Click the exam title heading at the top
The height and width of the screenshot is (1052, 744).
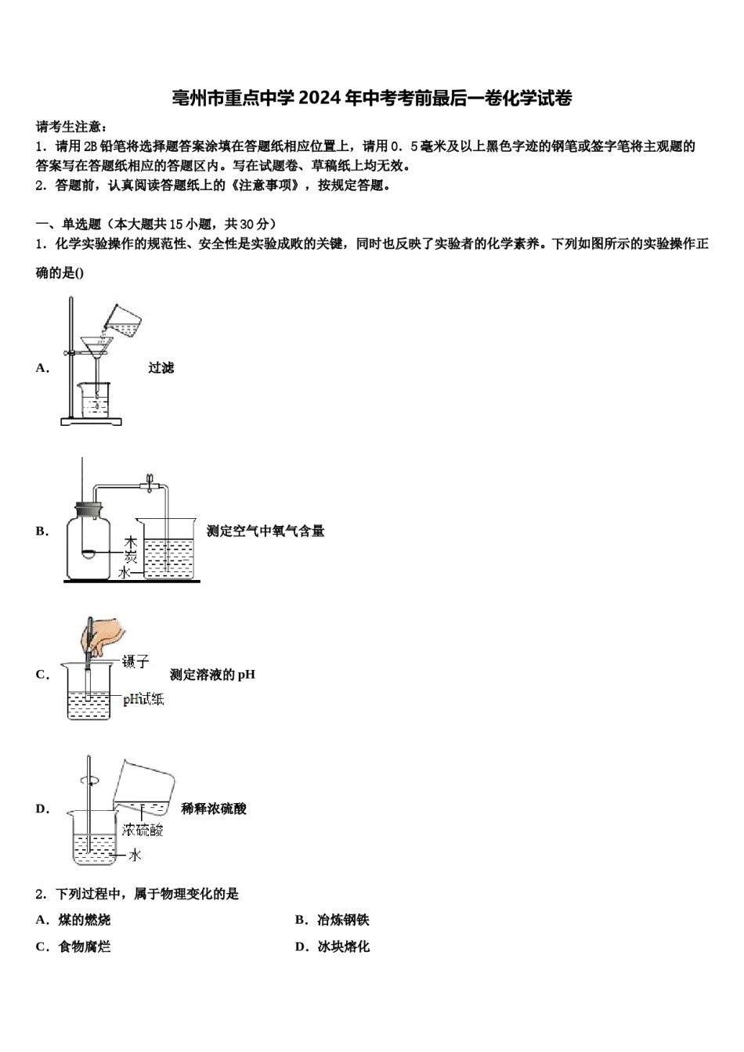pyautogui.click(x=372, y=98)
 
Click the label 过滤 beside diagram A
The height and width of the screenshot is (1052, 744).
pyautogui.click(x=161, y=368)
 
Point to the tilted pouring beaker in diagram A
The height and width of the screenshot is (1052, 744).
pyautogui.click(x=123, y=319)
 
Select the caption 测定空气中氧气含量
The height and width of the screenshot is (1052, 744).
pyautogui.click(x=265, y=531)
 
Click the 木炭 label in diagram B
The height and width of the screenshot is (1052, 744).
pyautogui.click(x=131, y=549)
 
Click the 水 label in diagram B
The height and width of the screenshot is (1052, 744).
pyautogui.click(x=125, y=573)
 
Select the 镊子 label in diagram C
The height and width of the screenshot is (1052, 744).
pyautogui.click(x=135, y=662)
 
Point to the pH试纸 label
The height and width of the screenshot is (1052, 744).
pyautogui.click(x=143, y=699)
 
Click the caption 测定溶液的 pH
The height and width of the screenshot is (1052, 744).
pyautogui.click(x=212, y=675)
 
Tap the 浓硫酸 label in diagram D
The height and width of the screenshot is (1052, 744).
pyautogui.click(x=143, y=830)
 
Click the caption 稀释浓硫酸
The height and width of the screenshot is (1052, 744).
pyautogui.click(x=214, y=809)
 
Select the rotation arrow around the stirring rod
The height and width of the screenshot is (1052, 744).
pyautogui.click(x=89, y=780)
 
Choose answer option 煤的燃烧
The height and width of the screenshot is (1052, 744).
pyautogui.click(x=84, y=920)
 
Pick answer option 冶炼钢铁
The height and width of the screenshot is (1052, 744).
pyautogui.click(x=342, y=920)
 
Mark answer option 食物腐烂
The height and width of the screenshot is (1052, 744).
pyautogui.click(x=84, y=946)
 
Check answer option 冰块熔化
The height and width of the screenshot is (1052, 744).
pyautogui.click(x=342, y=946)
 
